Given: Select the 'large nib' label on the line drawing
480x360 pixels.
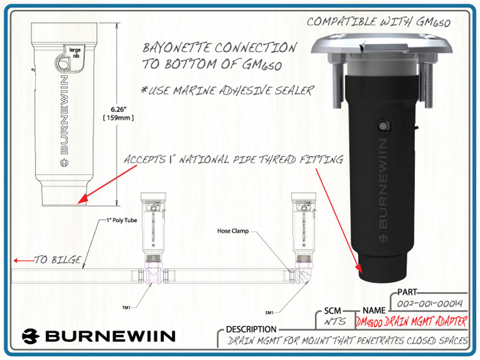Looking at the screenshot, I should [74, 51].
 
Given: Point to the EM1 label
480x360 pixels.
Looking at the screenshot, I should [270, 312].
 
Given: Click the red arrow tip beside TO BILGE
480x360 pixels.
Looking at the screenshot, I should [15, 261].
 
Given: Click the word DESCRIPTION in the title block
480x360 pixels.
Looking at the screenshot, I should [251, 330].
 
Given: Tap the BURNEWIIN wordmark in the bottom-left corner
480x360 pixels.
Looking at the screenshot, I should [98, 336].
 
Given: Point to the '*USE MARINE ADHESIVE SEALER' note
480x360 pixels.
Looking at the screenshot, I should [228, 90].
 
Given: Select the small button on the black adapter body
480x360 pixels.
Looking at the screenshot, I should [383, 127].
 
